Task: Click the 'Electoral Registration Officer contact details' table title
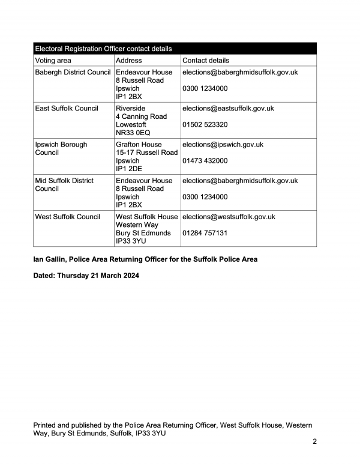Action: [x=103, y=49]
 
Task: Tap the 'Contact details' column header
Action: [x=206, y=61]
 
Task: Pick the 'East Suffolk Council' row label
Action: [x=67, y=108]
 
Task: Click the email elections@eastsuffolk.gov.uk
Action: [x=228, y=108]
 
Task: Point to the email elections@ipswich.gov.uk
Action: [x=223, y=145]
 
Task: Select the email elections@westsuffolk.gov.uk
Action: [x=229, y=217]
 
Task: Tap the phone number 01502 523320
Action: [x=205, y=125]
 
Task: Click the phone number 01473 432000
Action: [x=205, y=161]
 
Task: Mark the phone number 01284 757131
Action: [x=205, y=233]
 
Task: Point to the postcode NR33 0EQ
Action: [x=133, y=133]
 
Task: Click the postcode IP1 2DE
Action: [x=128, y=169]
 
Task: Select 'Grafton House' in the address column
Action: [x=139, y=145]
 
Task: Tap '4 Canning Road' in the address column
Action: [x=141, y=116]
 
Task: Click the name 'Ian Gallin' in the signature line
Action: [x=49, y=259]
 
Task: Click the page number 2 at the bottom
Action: [x=314, y=442]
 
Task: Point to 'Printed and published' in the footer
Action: [x=67, y=425]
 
